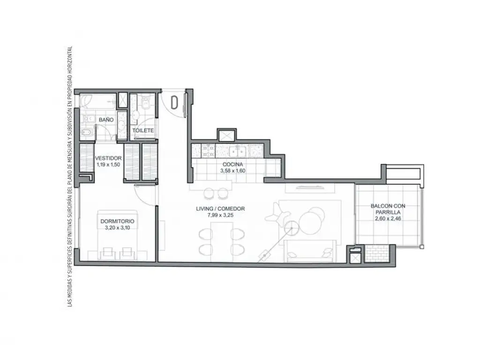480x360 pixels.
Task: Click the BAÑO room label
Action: point(106,120)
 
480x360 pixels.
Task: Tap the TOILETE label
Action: point(143,130)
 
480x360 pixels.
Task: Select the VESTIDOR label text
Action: point(108,158)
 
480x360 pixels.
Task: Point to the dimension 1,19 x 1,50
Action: point(108,165)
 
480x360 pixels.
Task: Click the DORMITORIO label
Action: point(117,221)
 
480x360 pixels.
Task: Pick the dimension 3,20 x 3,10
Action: point(117,227)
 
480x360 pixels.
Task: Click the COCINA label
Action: point(232,165)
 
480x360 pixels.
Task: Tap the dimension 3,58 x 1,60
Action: point(232,171)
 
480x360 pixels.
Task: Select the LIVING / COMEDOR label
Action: point(220,209)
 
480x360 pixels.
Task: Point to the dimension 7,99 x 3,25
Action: point(220,215)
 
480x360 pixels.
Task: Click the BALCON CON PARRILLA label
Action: point(388,209)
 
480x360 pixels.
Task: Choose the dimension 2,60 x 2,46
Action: point(388,218)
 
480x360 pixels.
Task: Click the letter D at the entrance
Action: point(174,102)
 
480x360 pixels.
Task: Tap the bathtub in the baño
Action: point(98,101)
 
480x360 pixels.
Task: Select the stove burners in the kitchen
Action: point(207,150)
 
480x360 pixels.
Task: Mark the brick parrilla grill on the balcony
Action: point(378,254)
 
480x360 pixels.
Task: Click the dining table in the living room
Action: point(222,238)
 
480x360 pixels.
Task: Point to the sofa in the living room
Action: point(312,251)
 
